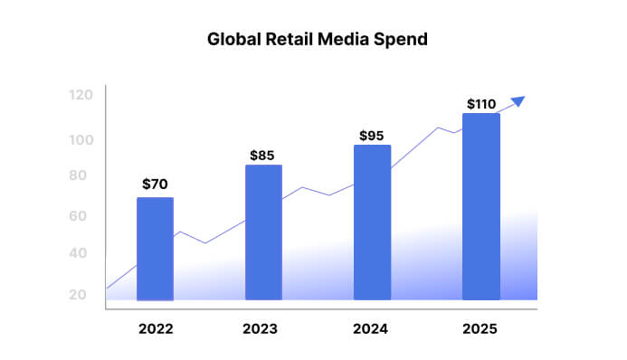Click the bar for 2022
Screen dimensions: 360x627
pos(155,249)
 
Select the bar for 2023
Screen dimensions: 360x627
pos(263,232)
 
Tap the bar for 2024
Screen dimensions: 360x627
pos(372,223)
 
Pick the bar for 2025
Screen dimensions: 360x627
pos(480,206)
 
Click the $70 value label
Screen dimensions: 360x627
pos(155,185)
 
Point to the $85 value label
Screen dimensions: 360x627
pos(262,156)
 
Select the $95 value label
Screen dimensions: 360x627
pos(371,136)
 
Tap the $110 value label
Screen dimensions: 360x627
pos(480,104)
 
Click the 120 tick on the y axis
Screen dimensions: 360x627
pos(81,95)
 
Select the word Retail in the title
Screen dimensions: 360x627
pos(284,40)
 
